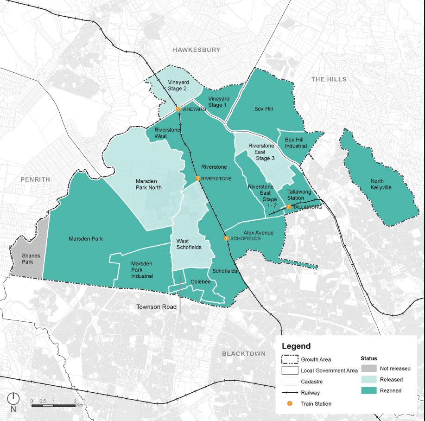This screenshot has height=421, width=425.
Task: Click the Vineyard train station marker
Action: pos(178,109)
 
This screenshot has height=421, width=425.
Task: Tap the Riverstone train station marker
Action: pos(198,178)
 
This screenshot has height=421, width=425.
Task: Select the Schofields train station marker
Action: pos(226,238)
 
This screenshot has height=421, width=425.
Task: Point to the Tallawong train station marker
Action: pos(289,207)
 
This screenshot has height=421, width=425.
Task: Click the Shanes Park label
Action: pos(31,259)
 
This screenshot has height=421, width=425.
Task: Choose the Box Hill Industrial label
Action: pos(296,143)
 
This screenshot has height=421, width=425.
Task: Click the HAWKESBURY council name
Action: pos(197,50)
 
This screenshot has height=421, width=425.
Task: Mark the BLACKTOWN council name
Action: pos(243,354)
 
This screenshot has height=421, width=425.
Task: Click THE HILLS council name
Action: pos(329,79)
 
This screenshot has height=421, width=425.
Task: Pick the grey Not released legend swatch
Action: pos(368,369)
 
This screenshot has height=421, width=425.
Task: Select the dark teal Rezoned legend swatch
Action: pos(368,390)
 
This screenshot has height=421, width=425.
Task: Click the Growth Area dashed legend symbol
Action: pos(289,359)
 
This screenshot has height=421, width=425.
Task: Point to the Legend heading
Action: pos(296,346)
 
